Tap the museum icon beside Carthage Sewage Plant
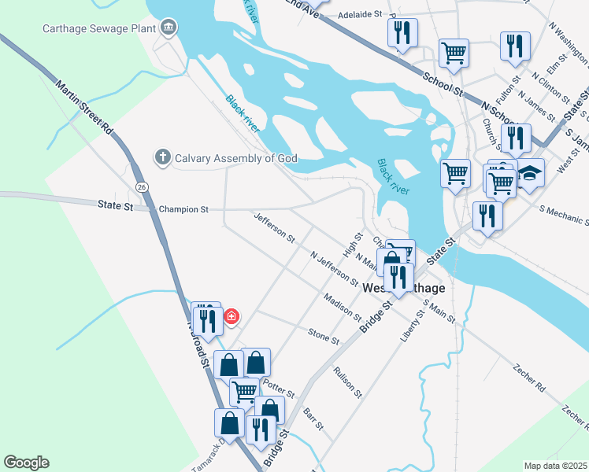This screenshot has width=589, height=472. [168, 29]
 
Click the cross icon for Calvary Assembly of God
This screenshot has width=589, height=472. [163, 157]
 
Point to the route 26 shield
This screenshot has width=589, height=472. [142, 186]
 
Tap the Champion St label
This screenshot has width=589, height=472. [183, 210]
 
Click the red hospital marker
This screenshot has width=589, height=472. [232, 317]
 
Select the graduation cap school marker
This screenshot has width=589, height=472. [531, 173]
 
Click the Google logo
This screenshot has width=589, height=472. [26, 463]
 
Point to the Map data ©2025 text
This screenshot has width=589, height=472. [555, 466]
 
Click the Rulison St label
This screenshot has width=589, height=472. [347, 382]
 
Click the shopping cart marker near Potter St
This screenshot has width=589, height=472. [244, 391]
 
